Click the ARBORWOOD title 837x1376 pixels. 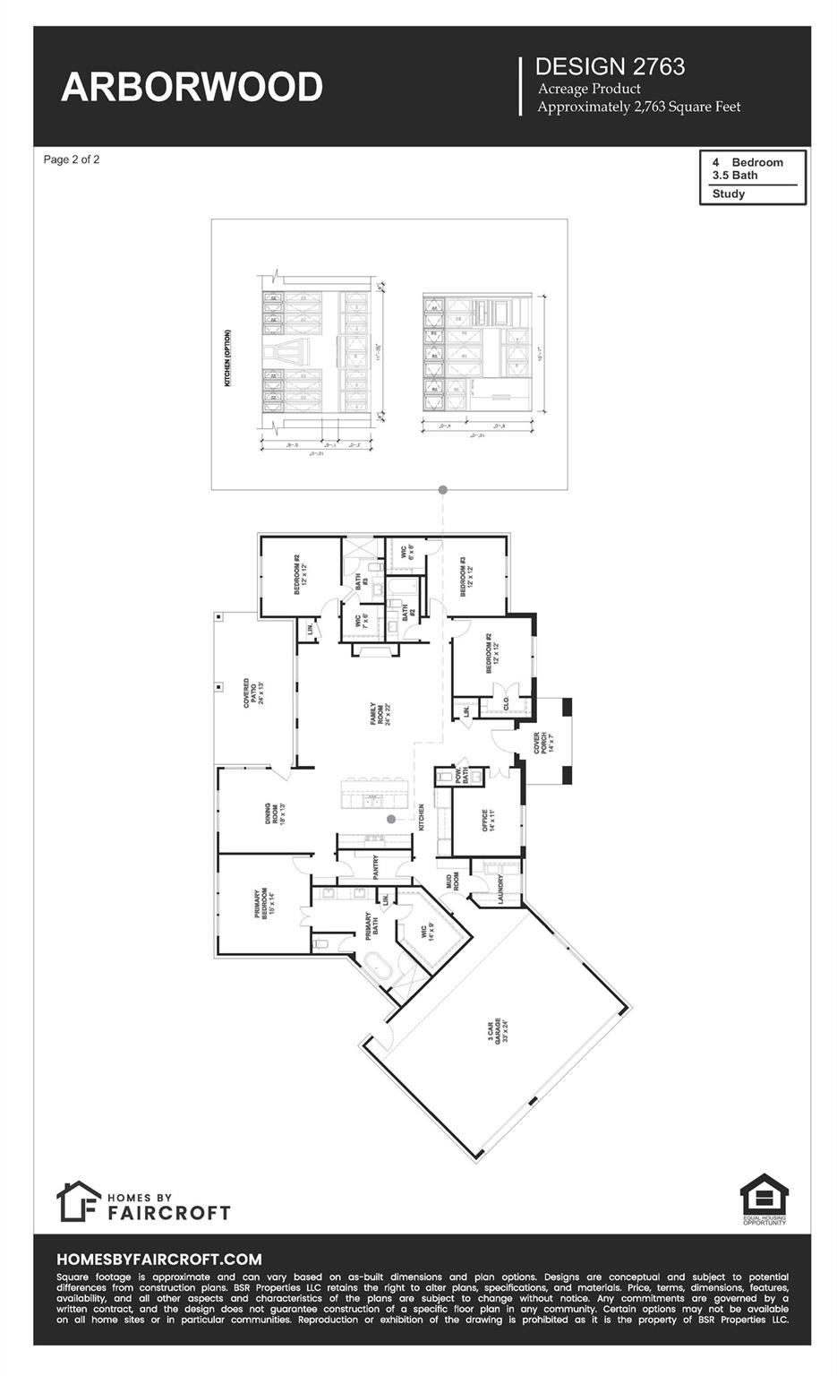click(x=192, y=87)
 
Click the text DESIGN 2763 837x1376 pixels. click(x=610, y=66)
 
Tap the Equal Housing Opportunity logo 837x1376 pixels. click(x=764, y=1199)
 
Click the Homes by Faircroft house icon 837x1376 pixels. click(x=78, y=1201)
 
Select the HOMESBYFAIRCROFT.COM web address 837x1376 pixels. click(x=159, y=1259)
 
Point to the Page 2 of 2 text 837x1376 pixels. click(x=72, y=159)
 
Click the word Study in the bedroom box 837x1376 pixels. click(x=729, y=193)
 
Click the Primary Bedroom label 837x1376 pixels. click(x=260, y=908)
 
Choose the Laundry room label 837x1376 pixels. click(x=500, y=890)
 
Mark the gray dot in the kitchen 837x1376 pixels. click(x=391, y=820)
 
